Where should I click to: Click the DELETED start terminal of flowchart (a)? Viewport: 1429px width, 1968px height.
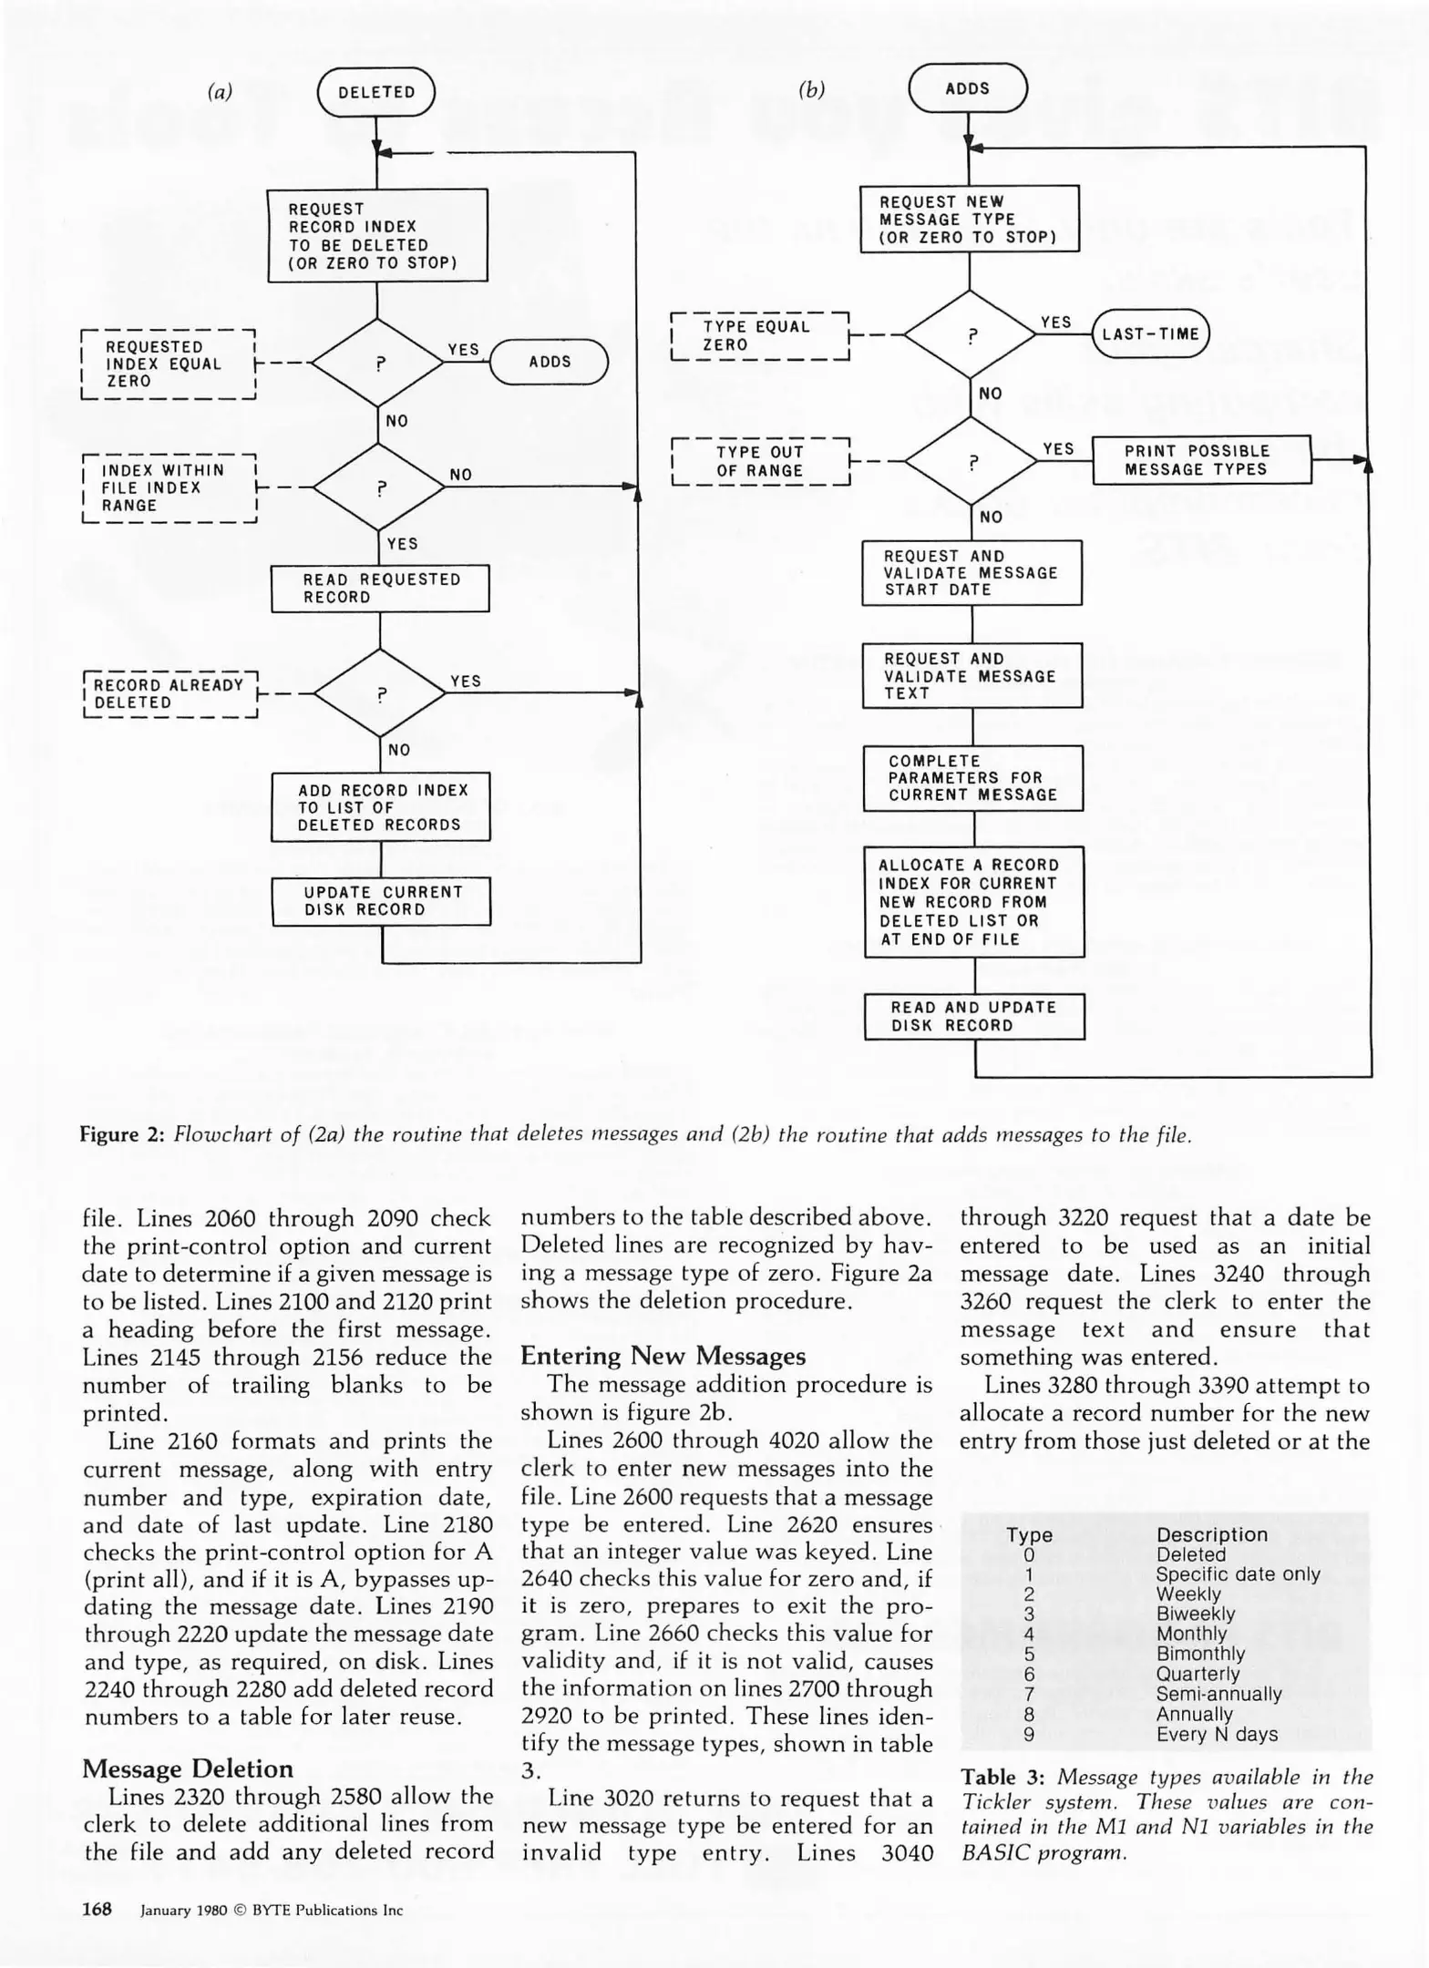[375, 92]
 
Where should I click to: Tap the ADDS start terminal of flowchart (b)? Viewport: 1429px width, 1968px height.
[968, 88]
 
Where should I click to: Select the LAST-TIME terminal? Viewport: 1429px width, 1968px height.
[1150, 333]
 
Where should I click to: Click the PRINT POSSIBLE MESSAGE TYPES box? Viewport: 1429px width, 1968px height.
[1200, 460]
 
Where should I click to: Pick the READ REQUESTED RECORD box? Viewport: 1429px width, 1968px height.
[380, 589]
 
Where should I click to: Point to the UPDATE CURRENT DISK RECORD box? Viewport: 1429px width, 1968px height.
[381, 901]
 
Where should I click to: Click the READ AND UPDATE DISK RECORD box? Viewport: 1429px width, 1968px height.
[973, 1017]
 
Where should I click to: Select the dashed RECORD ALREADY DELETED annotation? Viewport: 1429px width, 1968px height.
[170, 694]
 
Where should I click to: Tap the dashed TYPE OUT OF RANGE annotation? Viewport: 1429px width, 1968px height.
[760, 462]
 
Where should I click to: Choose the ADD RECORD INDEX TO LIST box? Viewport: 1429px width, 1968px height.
[381, 807]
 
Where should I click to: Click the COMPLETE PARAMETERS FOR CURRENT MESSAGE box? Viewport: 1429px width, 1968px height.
[972, 778]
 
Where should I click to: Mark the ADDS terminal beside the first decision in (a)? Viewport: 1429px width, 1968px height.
[550, 362]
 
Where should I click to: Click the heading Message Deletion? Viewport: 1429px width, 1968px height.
[188, 1768]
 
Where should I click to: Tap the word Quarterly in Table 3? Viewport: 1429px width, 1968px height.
[1198, 1674]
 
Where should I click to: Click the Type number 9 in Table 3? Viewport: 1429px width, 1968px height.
[1029, 1735]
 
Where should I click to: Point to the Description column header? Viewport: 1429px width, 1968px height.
[1211, 1534]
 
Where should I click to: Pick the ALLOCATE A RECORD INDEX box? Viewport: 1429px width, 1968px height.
[973, 902]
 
